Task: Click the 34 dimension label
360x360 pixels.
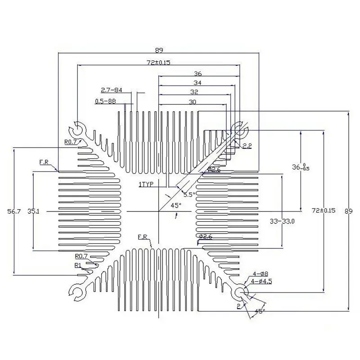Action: point(197,82)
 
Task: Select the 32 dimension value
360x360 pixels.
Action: point(194,92)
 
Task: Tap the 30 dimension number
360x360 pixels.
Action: point(192,102)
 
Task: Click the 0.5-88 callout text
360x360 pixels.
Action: point(105,101)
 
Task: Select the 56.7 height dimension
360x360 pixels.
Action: point(8,211)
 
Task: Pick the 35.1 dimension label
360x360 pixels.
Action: point(33,211)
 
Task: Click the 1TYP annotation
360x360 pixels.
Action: point(147,184)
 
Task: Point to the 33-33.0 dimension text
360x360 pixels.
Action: point(282,221)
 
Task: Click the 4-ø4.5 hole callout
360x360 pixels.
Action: point(262,281)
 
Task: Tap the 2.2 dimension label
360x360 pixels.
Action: point(247,146)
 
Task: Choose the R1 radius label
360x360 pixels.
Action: point(78,265)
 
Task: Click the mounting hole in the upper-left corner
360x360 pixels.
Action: point(78,129)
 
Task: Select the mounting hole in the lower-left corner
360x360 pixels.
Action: point(78,293)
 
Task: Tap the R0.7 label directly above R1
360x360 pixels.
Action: point(81,256)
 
